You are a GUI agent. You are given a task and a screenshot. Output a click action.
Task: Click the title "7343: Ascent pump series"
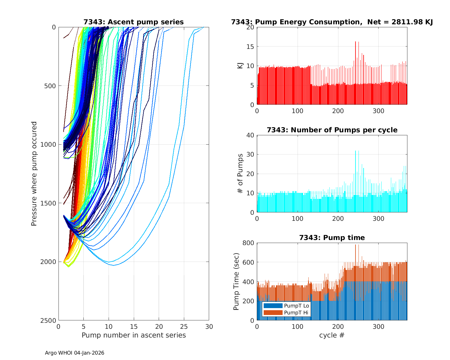(133, 22)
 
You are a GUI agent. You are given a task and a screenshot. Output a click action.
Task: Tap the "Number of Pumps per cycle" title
(332, 130)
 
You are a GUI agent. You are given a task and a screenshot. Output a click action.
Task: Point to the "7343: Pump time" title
(332, 238)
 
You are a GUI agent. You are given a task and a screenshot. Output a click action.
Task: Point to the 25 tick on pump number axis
(184, 326)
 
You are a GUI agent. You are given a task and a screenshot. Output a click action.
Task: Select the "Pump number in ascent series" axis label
(133, 335)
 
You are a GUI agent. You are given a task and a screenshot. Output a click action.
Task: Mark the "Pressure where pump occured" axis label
(34, 174)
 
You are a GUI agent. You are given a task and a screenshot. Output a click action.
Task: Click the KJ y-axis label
(240, 66)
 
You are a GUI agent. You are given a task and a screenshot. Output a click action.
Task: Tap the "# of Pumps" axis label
(240, 174)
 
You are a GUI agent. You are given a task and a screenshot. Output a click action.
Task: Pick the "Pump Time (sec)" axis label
(236, 282)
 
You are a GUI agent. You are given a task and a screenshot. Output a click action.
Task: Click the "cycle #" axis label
(332, 335)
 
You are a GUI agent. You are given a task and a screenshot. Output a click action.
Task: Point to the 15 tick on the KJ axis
(251, 46)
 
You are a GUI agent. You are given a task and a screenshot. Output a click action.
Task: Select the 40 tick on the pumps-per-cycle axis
(251, 135)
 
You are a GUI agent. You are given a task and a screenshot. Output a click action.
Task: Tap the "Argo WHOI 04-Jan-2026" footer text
(74, 353)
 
